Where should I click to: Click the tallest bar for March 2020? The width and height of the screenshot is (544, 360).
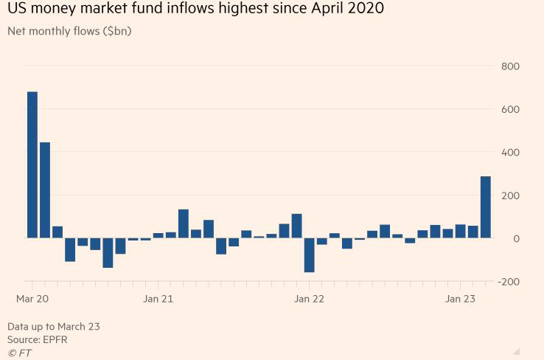click(x=32, y=165)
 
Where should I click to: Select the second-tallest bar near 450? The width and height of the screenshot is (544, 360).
click(x=44, y=190)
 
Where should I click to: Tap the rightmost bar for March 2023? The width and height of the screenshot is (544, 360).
click(x=486, y=207)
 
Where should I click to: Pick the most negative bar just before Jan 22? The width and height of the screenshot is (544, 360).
click(x=309, y=255)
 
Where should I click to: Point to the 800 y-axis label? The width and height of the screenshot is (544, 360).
click(x=510, y=66)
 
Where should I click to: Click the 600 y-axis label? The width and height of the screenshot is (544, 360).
click(x=510, y=109)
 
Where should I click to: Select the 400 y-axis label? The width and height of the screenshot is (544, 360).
click(x=510, y=153)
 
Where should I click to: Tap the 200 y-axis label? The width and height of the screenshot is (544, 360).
click(x=510, y=195)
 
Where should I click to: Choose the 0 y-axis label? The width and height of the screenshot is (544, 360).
click(x=516, y=238)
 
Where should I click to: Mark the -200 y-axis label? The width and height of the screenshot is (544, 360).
click(x=509, y=282)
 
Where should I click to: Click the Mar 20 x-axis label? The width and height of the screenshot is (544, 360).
click(x=32, y=299)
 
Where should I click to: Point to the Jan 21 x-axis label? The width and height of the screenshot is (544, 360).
click(x=158, y=299)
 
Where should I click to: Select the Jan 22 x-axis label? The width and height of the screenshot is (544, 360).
click(x=309, y=299)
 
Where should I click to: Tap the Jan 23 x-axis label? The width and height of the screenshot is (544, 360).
click(x=460, y=299)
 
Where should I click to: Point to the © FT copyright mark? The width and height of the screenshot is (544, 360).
click(x=19, y=353)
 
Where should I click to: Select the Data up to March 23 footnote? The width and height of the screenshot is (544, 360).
click(x=53, y=326)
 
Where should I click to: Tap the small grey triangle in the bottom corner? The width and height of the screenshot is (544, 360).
click(x=517, y=351)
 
